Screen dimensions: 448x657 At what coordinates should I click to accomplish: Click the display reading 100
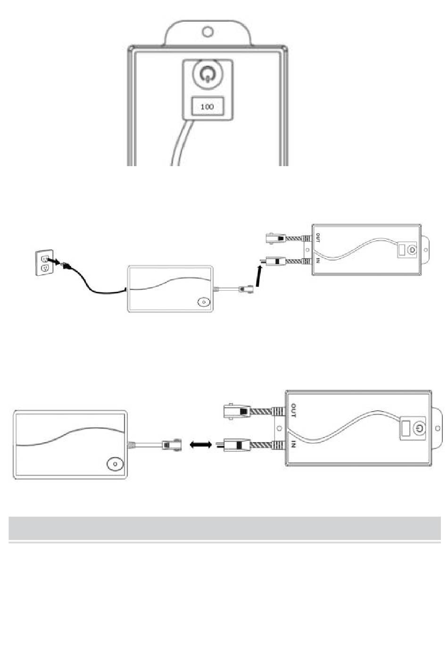(x=207, y=106)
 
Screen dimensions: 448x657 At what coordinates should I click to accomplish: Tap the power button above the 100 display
(x=207, y=73)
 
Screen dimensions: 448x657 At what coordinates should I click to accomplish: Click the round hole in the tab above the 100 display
(x=208, y=31)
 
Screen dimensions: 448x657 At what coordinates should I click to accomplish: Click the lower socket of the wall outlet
(x=45, y=268)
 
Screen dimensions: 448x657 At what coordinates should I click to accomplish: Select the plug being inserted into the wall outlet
(x=65, y=265)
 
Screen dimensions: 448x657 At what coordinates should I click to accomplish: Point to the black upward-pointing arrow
(x=258, y=276)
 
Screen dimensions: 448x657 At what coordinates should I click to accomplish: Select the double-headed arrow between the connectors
(x=201, y=445)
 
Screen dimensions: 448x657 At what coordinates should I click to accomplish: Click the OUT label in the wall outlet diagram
(x=318, y=237)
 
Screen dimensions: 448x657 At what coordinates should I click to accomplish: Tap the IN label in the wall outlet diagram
(x=318, y=260)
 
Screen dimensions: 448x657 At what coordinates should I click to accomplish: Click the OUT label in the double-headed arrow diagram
(x=293, y=411)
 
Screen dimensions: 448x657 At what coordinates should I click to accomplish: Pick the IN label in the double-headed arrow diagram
(x=293, y=444)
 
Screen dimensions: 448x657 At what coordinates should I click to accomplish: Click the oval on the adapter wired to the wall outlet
(x=204, y=302)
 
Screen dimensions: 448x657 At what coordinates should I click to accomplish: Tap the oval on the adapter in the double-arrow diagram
(x=115, y=464)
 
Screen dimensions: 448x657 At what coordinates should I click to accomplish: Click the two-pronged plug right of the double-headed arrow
(x=233, y=445)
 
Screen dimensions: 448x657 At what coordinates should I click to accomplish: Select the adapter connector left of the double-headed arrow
(x=172, y=445)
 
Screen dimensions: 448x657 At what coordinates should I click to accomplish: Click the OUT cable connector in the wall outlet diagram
(x=276, y=238)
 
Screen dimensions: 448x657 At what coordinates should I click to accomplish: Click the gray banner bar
(x=224, y=528)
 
